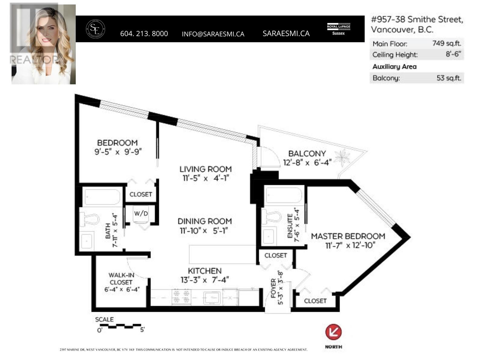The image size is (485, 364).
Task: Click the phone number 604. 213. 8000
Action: click(144, 34)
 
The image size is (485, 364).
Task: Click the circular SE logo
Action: click(95, 29)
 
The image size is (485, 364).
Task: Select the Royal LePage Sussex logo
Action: click(338, 29)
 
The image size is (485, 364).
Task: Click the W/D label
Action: click(141, 214)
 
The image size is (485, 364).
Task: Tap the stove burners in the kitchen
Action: click(181, 297)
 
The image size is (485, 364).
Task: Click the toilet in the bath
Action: click(89, 219)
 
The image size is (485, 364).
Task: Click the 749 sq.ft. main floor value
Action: click(447, 43)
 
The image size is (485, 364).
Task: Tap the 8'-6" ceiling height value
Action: click(453, 54)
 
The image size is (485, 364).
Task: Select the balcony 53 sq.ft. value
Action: click(449, 78)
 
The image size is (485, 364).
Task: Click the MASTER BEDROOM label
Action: click(348, 236)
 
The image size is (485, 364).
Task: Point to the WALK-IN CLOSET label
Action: click(121, 278)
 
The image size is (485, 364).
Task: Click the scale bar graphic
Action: click(121, 326)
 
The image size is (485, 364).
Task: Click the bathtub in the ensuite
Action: click(284, 196)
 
